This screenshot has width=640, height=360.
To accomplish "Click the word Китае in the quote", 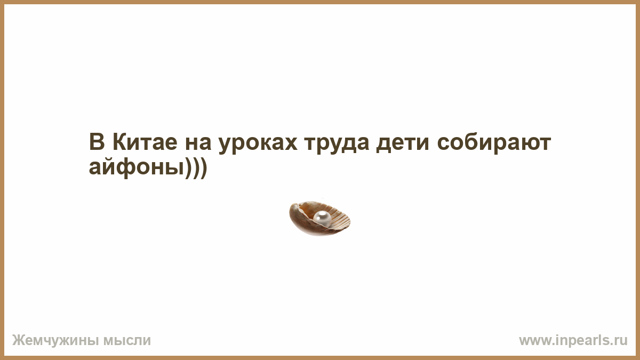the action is [x=145, y=142].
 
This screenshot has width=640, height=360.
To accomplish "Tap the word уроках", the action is [x=258, y=145].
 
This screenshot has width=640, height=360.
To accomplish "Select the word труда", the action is [x=337, y=145].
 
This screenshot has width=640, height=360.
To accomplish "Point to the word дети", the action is [x=403, y=143].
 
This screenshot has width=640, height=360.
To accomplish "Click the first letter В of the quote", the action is [x=97, y=142].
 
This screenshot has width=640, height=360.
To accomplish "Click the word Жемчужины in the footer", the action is [x=55, y=341].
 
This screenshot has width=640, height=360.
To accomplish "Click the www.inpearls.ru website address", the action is [x=573, y=341].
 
